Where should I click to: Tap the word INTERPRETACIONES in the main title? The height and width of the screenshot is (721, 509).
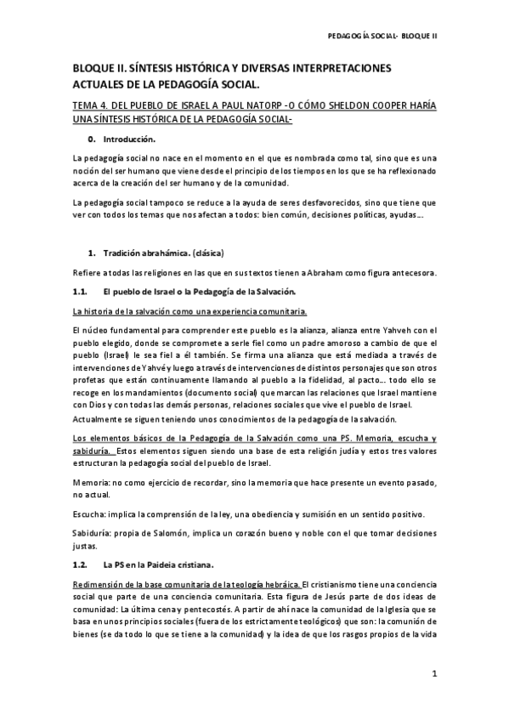tap(331, 67)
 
